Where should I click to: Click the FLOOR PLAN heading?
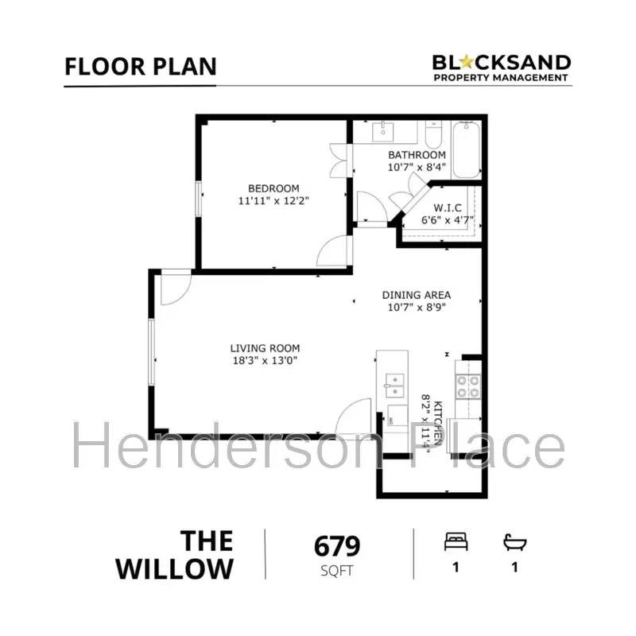coord(140,66)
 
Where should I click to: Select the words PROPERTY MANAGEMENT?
coord(501,78)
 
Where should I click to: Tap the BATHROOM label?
coord(417,155)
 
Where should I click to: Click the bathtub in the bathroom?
coord(467,149)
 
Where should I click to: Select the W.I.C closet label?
coord(442,207)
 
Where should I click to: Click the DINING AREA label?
coord(417,295)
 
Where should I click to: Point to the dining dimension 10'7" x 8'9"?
coord(417,308)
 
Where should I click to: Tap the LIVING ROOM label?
coord(265,348)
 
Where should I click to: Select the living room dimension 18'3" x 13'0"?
coord(265,361)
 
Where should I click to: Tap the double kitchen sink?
coord(394,386)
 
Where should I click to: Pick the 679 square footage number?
coord(337,547)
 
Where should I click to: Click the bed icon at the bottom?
coord(456,542)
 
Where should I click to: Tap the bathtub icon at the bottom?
coord(515,542)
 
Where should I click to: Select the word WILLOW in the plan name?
coord(175,569)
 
